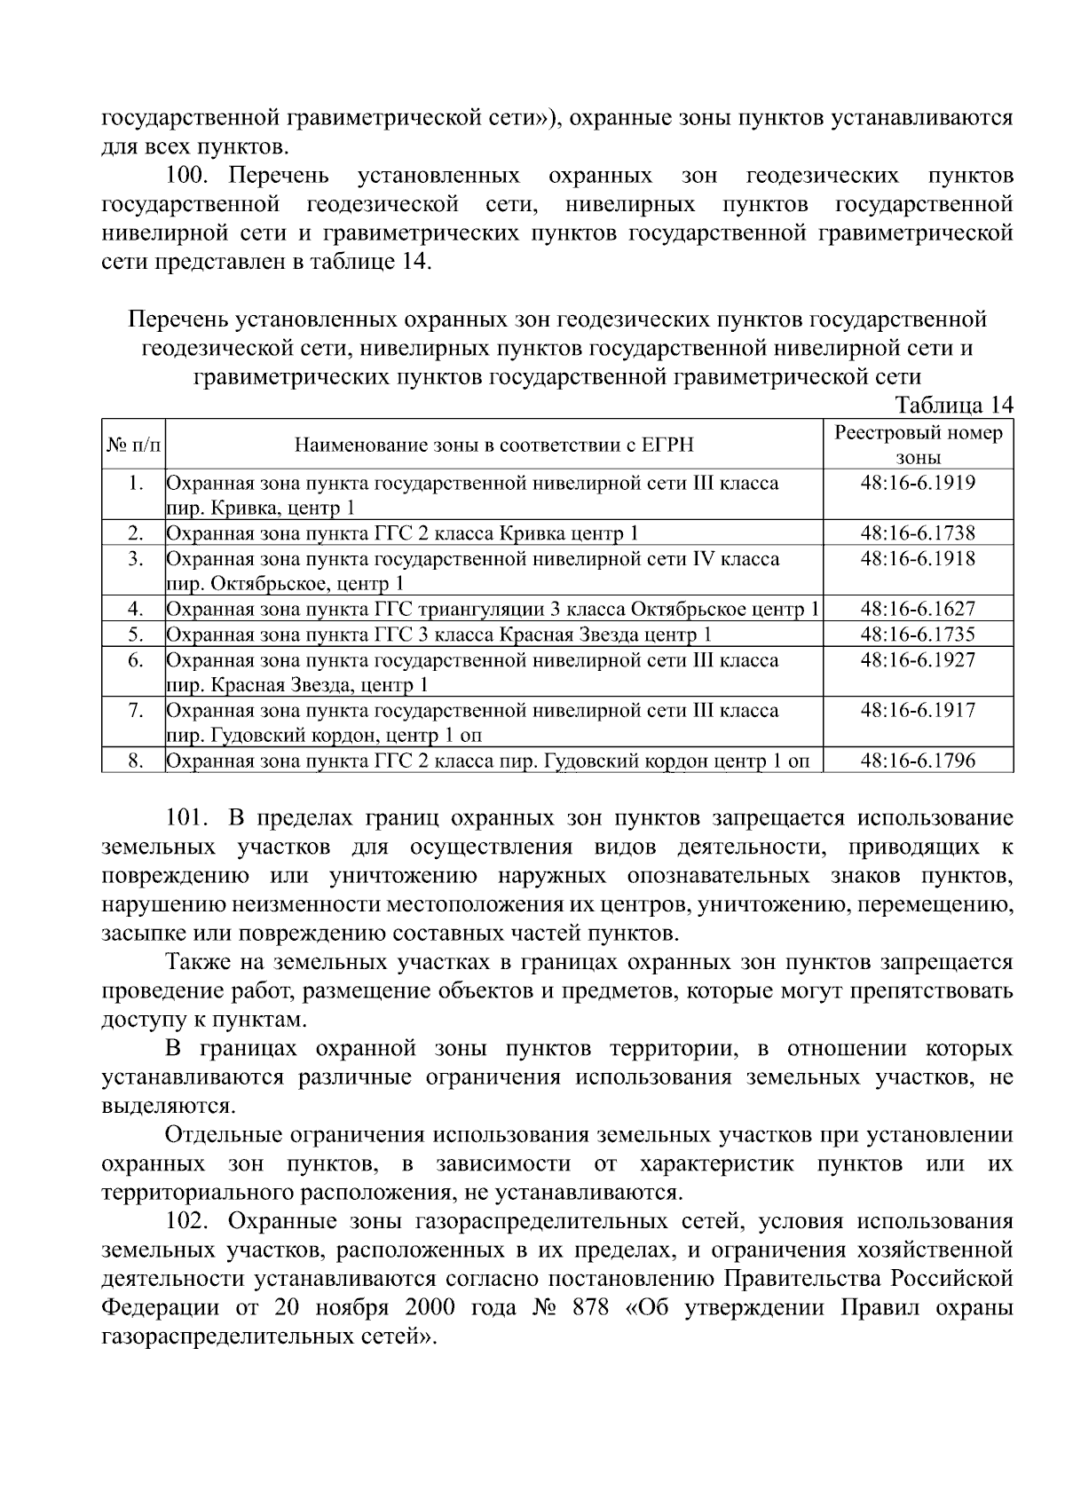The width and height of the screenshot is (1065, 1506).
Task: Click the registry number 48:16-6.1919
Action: click(x=918, y=484)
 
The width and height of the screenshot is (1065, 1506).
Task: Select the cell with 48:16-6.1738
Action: click(x=918, y=533)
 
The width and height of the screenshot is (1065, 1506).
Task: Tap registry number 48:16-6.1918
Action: click(x=918, y=559)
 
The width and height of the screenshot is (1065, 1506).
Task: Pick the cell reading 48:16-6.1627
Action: click(x=918, y=609)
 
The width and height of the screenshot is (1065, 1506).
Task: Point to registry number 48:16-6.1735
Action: click(x=918, y=635)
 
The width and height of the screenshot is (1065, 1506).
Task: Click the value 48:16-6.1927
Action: click(x=918, y=660)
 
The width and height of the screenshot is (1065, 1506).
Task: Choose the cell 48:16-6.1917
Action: click(x=918, y=710)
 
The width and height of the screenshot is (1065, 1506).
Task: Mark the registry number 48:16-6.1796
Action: click(x=918, y=761)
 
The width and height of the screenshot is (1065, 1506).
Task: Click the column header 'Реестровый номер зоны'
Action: click(x=918, y=445)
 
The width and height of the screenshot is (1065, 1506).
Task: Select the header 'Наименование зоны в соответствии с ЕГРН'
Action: click(x=493, y=445)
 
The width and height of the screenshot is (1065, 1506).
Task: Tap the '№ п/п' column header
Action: click(x=133, y=445)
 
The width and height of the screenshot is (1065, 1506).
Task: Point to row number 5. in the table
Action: click(x=136, y=635)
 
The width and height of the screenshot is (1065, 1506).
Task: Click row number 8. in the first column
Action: click(x=136, y=761)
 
